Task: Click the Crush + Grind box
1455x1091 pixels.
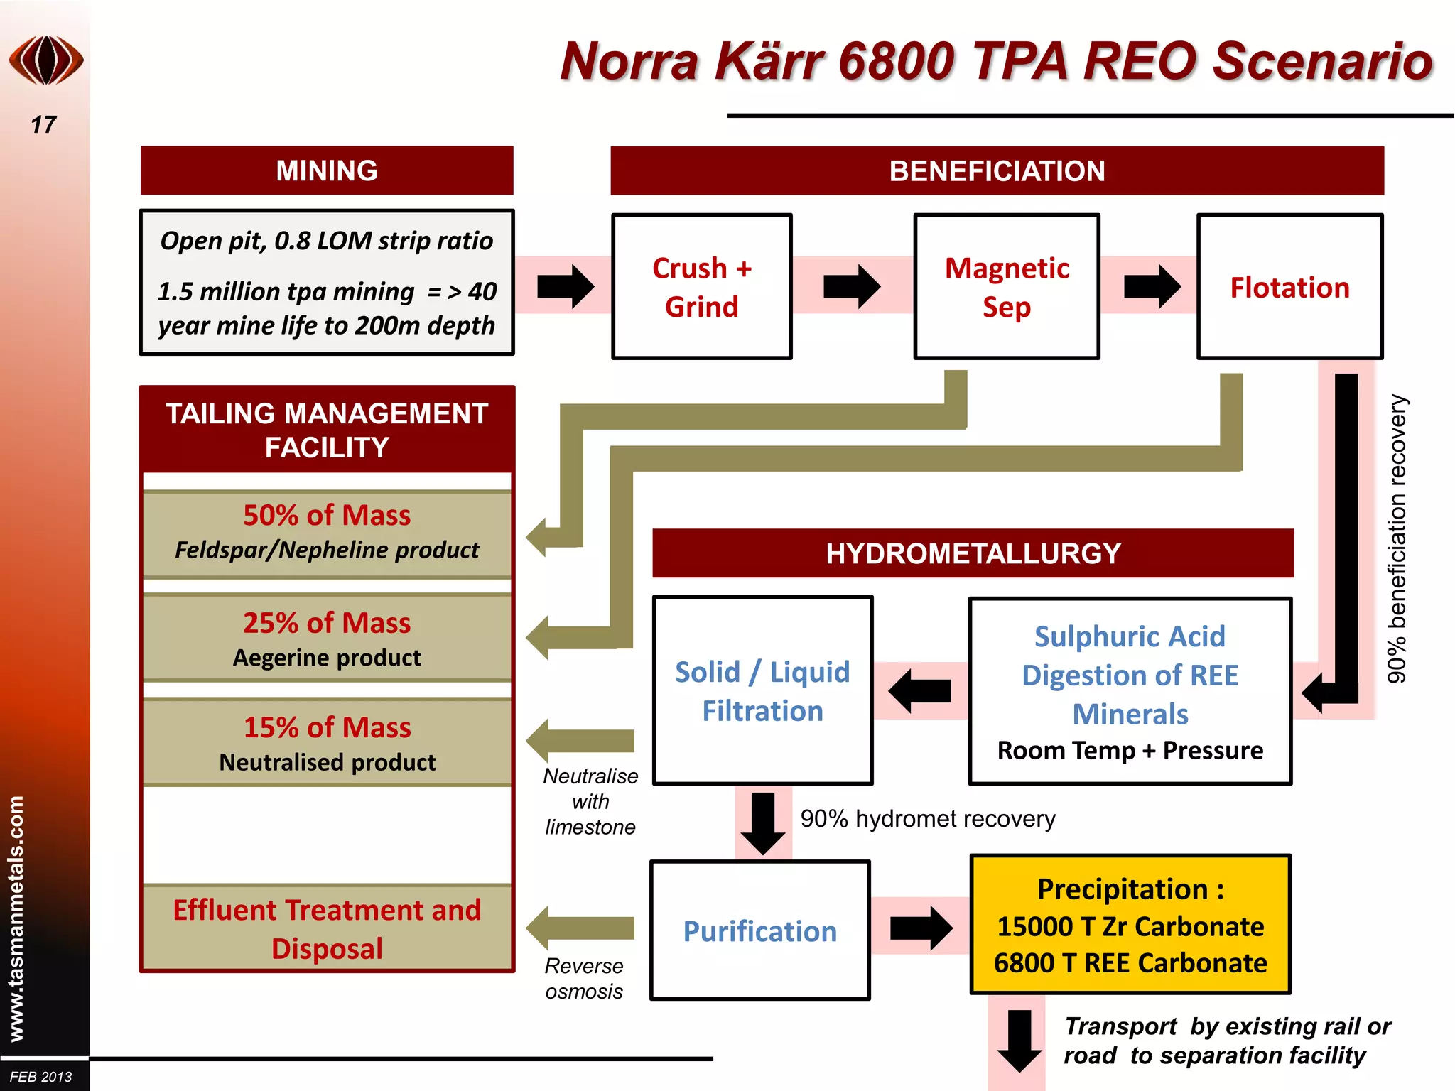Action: tap(701, 287)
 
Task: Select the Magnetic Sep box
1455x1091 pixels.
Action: tap(1006, 287)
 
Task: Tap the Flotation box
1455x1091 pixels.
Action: tap(1289, 287)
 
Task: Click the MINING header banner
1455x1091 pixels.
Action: tap(327, 170)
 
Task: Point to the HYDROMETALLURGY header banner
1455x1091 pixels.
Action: tap(973, 553)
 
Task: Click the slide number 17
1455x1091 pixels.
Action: tap(43, 125)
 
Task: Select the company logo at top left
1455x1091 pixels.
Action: tap(46, 60)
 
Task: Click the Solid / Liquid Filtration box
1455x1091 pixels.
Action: tap(762, 690)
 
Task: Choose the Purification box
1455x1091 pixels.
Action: tap(759, 930)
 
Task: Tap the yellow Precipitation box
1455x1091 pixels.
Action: tap(1130, 925)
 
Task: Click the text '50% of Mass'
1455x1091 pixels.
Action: tap(327, 515)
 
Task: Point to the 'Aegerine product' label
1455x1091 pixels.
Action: tap(327, 658)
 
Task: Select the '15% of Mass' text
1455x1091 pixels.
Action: tap(327, 727)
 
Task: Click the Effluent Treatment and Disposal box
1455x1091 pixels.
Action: tap(327, 928)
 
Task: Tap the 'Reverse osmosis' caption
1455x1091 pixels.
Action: tap(584, 979)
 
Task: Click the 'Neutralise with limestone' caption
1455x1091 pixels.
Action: tap(590, 801)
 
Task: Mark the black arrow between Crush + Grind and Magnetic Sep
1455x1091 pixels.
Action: tap(852, 287)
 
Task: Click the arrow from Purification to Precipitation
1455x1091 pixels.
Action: tap(921, 928)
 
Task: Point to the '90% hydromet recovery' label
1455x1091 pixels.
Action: tap(927, 819)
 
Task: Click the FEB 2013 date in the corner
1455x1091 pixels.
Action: tap(41, 1077)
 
